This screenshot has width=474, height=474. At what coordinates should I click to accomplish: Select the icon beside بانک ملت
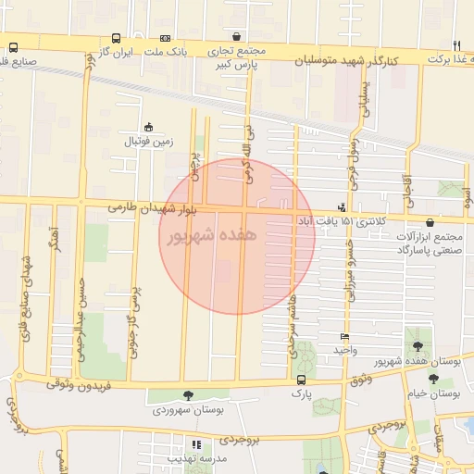[x=165, y=39]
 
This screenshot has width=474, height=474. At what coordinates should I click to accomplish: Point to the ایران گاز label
[x=119, y=52]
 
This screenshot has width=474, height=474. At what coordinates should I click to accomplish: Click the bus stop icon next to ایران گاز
[x=116, y=39]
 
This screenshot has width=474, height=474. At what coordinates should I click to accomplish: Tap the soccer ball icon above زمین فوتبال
[x=148, y=128]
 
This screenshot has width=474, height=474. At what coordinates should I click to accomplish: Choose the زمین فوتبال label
[x=148, y=142]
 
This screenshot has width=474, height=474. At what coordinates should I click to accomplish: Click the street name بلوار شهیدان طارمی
[x=154, y=207]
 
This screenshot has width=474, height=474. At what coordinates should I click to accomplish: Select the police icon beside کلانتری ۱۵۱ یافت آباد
[x=343, y=207]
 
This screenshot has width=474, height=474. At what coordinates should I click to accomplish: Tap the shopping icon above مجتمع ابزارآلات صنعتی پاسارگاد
[x=432, y=221]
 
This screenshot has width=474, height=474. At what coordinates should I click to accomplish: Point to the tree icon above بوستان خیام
[x=432, y=379]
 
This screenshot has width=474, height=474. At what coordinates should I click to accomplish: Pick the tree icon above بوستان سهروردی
[x=189, y=395]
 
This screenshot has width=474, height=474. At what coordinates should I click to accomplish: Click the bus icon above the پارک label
[x=299, y=380]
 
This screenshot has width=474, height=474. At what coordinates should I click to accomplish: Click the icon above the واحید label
[x=345, y=337]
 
